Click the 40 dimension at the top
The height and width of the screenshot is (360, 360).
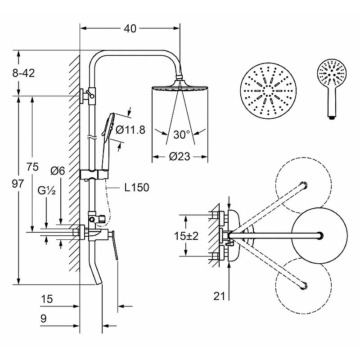[x=130, y=29]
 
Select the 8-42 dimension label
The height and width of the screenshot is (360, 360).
[x=24, y=73]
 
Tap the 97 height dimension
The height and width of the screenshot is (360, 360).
[x=18, y=184]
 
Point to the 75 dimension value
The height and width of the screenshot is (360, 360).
[x=32, y=166]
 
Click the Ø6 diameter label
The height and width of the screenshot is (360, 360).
[x=58, y=171]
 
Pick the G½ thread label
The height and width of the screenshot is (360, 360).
[x=47, y=190]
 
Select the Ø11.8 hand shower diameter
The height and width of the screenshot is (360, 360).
[x=130, y=130]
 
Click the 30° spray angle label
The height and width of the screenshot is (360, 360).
[x=182, y=135]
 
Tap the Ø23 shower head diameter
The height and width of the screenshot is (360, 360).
[x=180, y=157]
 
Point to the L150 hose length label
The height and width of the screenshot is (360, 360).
[x=137, y=187]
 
